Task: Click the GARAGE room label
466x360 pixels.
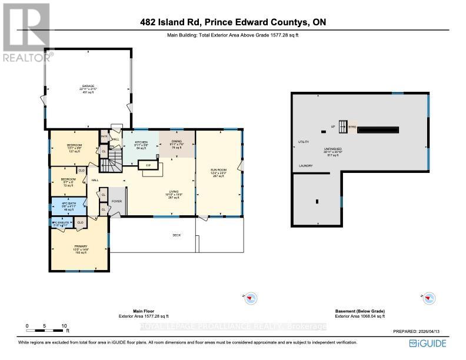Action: [x=88, y=86]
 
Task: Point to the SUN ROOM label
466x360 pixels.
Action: [x=218, y=170]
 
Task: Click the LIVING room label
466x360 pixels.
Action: [x=173, y=192]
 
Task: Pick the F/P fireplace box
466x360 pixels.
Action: [x=149, y=166]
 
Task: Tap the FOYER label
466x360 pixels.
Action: [x=116, y=201]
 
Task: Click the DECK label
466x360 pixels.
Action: [x=176, y=235]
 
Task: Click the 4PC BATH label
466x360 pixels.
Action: [x=64, y=204]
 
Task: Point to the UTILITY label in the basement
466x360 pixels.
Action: [x=304, y=142]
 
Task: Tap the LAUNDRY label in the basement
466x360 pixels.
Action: [x=305, y=165]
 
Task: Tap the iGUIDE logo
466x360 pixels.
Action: [x=427, y=344]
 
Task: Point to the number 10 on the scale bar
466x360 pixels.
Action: [x=64, y=325]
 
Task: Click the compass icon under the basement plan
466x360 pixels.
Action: [x=430, y=298]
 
